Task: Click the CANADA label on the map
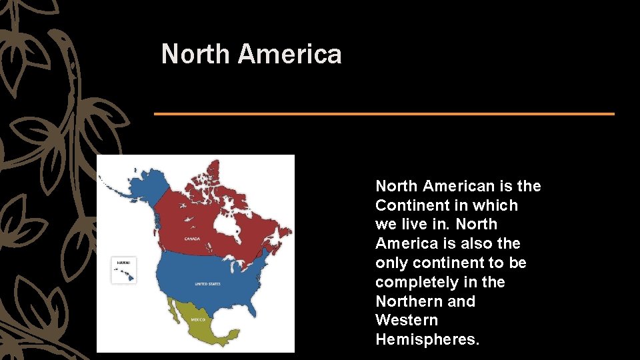point(193,238)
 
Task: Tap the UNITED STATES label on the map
point(207,284)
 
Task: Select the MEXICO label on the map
point(198,319)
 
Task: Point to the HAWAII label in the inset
point(123,263)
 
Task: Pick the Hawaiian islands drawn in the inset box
point(124,273)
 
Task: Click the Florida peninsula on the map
point(256,309)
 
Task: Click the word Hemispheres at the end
point(427,339)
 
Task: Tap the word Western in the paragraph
point(407,320)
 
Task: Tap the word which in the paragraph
point(495,205)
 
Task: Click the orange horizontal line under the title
point(384,114)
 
